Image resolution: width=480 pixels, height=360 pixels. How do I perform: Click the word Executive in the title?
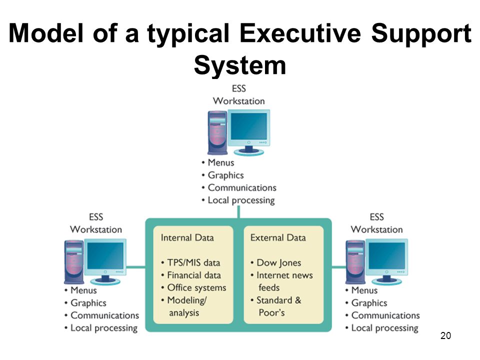pyautogui.click(x=300, y=33)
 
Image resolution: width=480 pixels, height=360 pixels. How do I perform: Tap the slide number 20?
pyautogui.click(x=445, y=335)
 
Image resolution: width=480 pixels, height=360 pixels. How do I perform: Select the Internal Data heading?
pyautogui.click(x=187, y=238)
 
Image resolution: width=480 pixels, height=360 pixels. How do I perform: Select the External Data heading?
pyautogui.click(x=278, y=238)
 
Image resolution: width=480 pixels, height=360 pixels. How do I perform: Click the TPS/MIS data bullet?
pyautogui.click(x=190, y=262)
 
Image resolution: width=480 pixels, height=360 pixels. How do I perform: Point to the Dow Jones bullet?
pyautogui.click(x=276, y=262)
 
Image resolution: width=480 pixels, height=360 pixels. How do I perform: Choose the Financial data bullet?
pyautogui.click(x=191, y=275)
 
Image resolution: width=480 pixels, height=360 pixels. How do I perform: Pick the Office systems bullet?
pyautogui.click(x=194, y=288)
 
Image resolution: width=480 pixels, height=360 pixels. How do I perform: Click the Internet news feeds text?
pyautogui.click(x=281, y=281)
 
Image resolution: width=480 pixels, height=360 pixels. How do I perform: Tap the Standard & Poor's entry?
pyautogui.click(x=276, y=306)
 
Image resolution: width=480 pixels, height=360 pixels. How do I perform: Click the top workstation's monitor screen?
pyautogui.click(x=248, y=126)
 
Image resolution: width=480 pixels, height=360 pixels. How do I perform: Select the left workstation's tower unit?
pyautogui.click(x=74, y=261)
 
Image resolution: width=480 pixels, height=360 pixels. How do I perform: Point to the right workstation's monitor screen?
pyautogui.click(x=386, y=256)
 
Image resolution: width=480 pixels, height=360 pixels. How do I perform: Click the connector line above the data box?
pyautogui.click(x=238, y=212)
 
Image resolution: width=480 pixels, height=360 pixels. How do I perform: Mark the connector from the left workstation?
pyautogui.click(x=136, y=267)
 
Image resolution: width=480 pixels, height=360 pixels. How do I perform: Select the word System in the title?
pyautogui.click(x=240, y=65)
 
